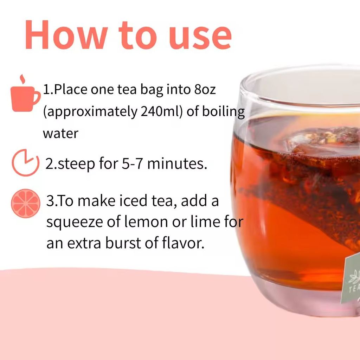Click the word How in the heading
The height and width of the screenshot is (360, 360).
pos(66,34)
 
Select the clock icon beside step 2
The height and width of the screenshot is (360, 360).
pos(25,162)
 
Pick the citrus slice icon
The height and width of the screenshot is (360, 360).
pos(25,204)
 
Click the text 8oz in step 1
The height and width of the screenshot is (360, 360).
pos(205,90)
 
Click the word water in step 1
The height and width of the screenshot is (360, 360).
pos(60,134)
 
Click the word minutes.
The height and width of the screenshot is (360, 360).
pos(177,163)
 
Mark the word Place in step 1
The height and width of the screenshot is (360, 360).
pos(71,90)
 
